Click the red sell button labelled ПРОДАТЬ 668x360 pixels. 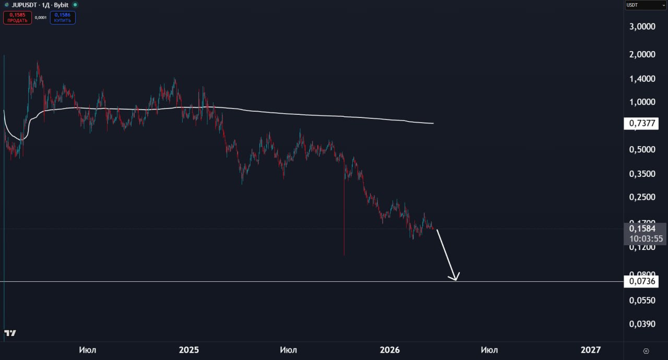coord(17,18)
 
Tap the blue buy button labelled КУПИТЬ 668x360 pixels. coord(63,18)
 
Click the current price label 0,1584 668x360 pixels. coord(642,229)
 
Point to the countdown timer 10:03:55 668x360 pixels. coord(646,239)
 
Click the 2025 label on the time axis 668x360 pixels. coord(189,350)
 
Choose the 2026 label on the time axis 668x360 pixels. coord(389,350)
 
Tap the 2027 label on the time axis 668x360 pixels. coord(590,350)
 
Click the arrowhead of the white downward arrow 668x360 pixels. coord(456,279)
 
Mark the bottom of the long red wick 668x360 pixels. coord(344,255)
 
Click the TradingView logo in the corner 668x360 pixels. coord(10,333)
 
